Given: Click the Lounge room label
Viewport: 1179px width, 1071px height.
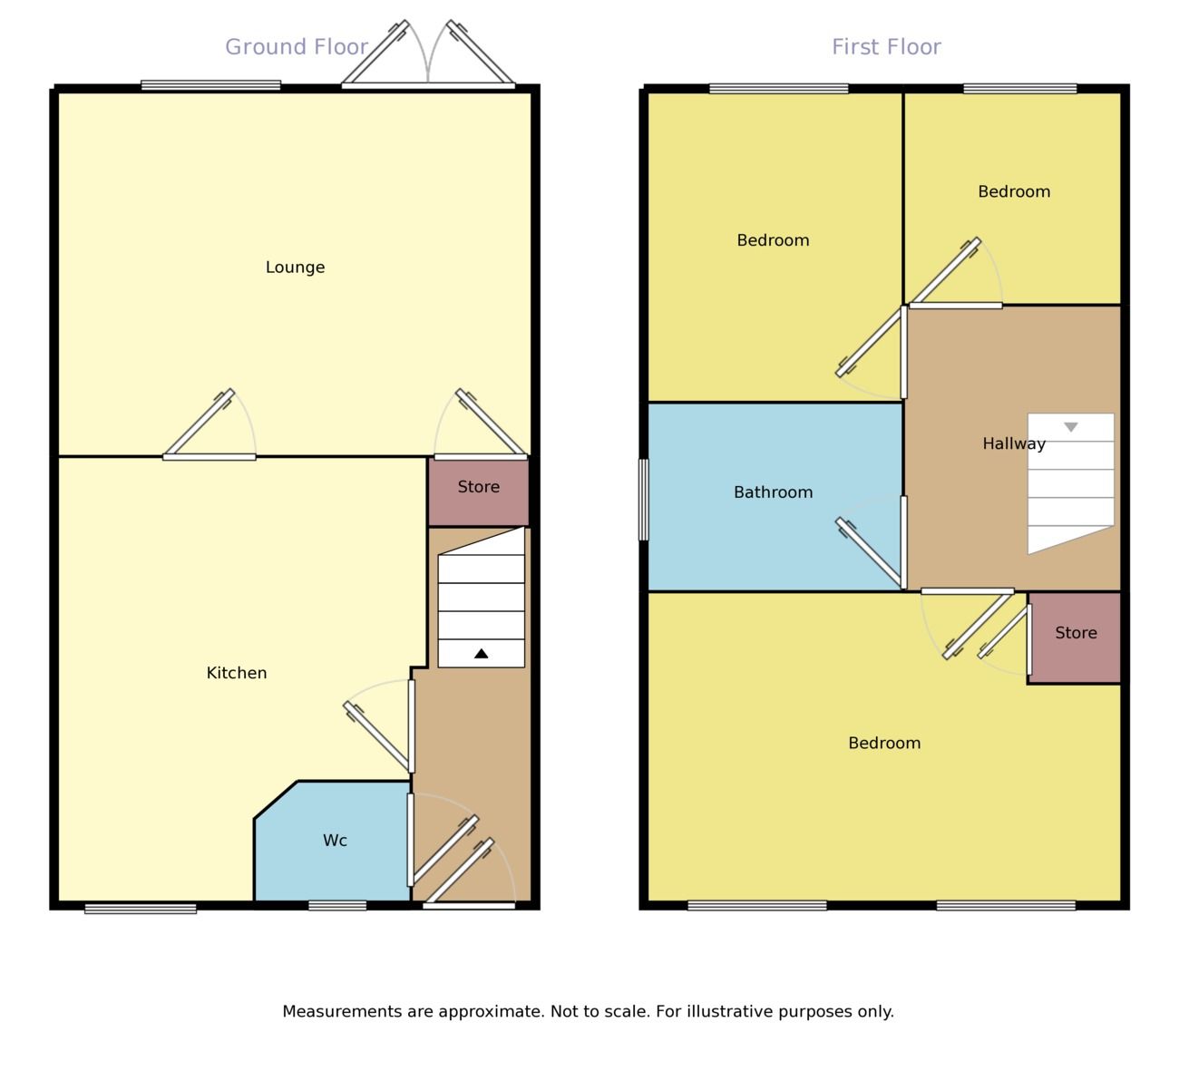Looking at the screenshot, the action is click(295, 268).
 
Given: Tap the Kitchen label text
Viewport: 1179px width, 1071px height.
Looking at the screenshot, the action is click(237, 673).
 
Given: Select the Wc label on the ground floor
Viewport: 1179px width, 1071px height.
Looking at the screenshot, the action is click(335, 841).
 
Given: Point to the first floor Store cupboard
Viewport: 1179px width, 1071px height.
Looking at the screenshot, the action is click(1076, 634).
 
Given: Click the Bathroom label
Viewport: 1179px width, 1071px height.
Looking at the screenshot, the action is click(773, 492).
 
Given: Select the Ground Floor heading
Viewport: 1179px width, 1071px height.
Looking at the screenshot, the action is click(297, 47).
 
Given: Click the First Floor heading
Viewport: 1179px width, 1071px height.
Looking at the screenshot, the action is click(886, 47).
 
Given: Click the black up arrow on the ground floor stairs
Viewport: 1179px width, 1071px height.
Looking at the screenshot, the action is click(482, 653).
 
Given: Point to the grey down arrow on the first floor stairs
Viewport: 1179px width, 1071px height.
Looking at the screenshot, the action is click(1071, 427).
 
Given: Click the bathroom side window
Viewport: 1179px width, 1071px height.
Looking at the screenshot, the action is click(644, 499).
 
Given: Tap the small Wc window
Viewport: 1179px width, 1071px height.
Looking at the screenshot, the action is click(337, 905).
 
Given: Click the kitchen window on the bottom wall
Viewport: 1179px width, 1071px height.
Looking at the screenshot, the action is click(141, 908).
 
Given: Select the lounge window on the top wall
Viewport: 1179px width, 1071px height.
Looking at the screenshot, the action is click(210, 86).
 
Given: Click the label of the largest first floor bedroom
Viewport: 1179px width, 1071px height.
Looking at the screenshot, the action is click(884, 744).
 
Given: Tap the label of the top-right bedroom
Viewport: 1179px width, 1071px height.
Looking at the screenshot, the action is click(1014, 192).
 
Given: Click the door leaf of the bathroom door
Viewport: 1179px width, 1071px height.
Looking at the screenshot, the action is click(872, 552).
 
